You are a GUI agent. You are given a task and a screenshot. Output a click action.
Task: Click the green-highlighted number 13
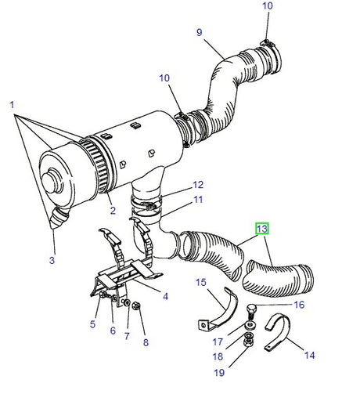click(262, 229)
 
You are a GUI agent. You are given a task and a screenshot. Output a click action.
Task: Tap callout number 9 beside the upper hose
click(199, 32)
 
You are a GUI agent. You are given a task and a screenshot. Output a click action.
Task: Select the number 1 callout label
click(12, 104)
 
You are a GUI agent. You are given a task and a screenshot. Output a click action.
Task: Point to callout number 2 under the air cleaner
click(112, 211)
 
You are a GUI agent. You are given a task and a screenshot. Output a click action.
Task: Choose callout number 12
click(198, 185)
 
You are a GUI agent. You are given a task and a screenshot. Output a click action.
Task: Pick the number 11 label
click(198, 200)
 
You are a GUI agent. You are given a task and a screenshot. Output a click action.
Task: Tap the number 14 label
click(310, 355)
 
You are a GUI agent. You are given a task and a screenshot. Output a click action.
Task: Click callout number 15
click(200, 283)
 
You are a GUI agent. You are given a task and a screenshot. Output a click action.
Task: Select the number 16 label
click(298, 305)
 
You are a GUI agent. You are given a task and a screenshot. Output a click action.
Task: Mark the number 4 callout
click(166, 296)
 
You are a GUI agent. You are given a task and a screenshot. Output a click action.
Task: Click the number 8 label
click(143, 342)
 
